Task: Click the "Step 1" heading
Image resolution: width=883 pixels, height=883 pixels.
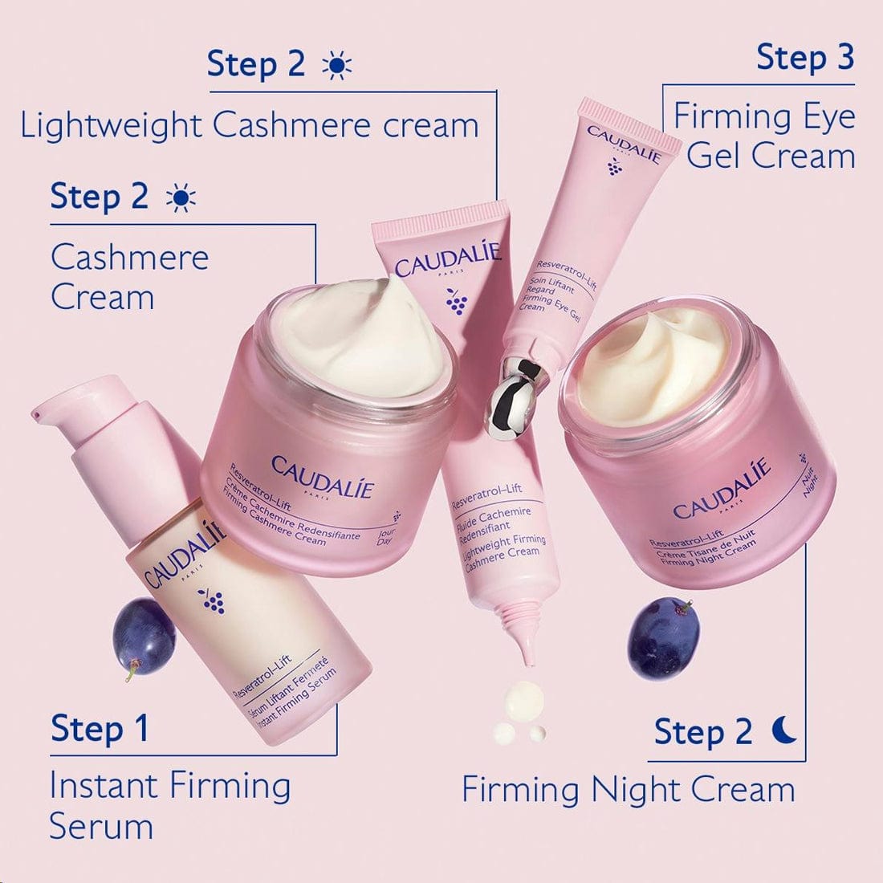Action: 100,729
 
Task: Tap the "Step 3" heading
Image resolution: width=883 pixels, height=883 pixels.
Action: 805,58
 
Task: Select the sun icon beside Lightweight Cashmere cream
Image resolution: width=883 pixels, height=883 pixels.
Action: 336,66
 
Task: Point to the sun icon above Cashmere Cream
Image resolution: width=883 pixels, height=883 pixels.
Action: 180,197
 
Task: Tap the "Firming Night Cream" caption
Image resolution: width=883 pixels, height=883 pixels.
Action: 628,790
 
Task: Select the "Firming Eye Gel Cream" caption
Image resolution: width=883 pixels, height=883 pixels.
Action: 764,136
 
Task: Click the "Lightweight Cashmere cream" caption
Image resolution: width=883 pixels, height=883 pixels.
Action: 250,126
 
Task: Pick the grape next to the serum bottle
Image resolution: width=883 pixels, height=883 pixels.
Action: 144,636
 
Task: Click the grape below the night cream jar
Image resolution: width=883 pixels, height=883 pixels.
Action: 663,637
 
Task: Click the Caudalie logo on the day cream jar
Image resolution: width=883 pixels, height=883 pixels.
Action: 322,477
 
